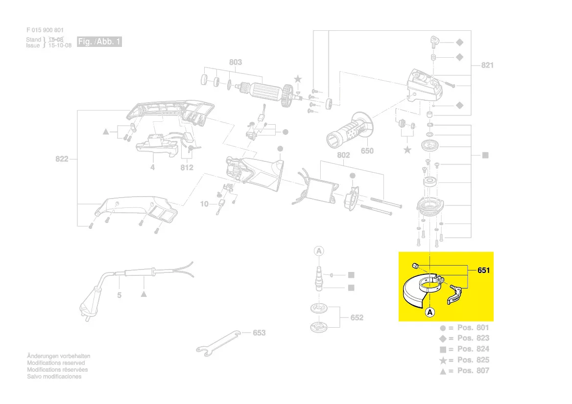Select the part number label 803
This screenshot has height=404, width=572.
coord(236,62)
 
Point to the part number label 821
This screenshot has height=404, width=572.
coord(487,65)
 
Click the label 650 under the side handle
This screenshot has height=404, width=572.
coord(367,151)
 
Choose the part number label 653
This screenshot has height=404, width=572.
coord(259,333)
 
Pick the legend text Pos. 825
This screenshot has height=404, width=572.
coord(473,359)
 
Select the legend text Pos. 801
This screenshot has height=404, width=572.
coord(473,327)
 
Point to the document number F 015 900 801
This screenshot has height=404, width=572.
coord(45,30)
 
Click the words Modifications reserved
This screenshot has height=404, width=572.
coord(56,363)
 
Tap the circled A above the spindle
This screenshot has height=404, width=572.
coord(319,251)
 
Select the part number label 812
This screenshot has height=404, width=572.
coord(187,167)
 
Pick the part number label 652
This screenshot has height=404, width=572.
coord(357,317)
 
